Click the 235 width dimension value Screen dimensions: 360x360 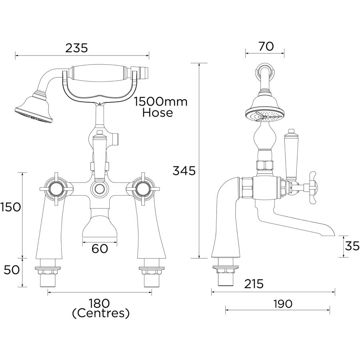(x=76, y=48)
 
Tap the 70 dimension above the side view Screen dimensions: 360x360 (x=266, y=46)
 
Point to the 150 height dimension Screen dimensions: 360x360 (x=10, y=207)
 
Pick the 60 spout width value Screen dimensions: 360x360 (x=100, y=249)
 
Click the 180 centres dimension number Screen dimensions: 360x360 (x=100, y=304)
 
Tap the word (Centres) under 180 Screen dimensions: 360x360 (x=101, y=313)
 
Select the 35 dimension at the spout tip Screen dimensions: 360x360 (x=352, y=246)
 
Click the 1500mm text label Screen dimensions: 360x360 (x=161, y=102)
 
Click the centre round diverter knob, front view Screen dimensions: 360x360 (x=99, y=189)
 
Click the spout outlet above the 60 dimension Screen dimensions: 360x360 (x=100, y=228)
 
